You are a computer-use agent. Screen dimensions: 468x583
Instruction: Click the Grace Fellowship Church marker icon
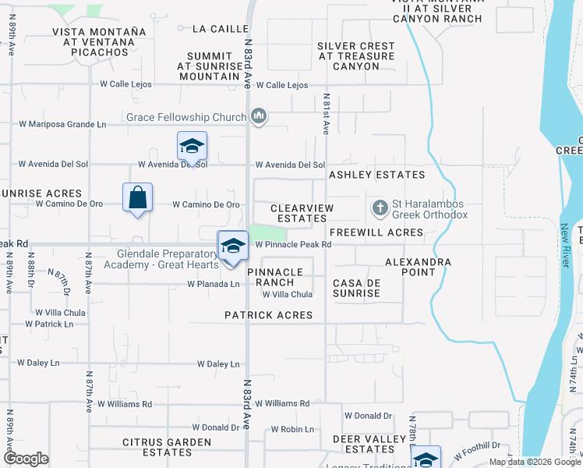pos(260,118)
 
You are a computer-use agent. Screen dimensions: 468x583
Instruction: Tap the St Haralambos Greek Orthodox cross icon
pos(380,208)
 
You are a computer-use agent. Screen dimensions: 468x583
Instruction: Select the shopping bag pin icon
pos(137,199)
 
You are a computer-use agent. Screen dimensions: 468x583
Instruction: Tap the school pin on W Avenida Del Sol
pos(192,147)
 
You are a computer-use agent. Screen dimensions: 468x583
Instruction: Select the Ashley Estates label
pos(377,175)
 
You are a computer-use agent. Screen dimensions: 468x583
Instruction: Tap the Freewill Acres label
pos(376,232)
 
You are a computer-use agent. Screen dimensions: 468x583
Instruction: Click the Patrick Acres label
pos(269,315)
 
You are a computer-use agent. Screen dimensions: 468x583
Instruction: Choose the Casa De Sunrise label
pos(357,288)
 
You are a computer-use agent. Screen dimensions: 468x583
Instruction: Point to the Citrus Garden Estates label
pos(168,447)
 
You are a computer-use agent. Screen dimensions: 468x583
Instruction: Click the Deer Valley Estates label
pos(369,444)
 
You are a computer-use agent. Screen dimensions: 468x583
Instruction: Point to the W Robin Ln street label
pos(292,430)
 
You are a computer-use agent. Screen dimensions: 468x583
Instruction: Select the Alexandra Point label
pos(418,267)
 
